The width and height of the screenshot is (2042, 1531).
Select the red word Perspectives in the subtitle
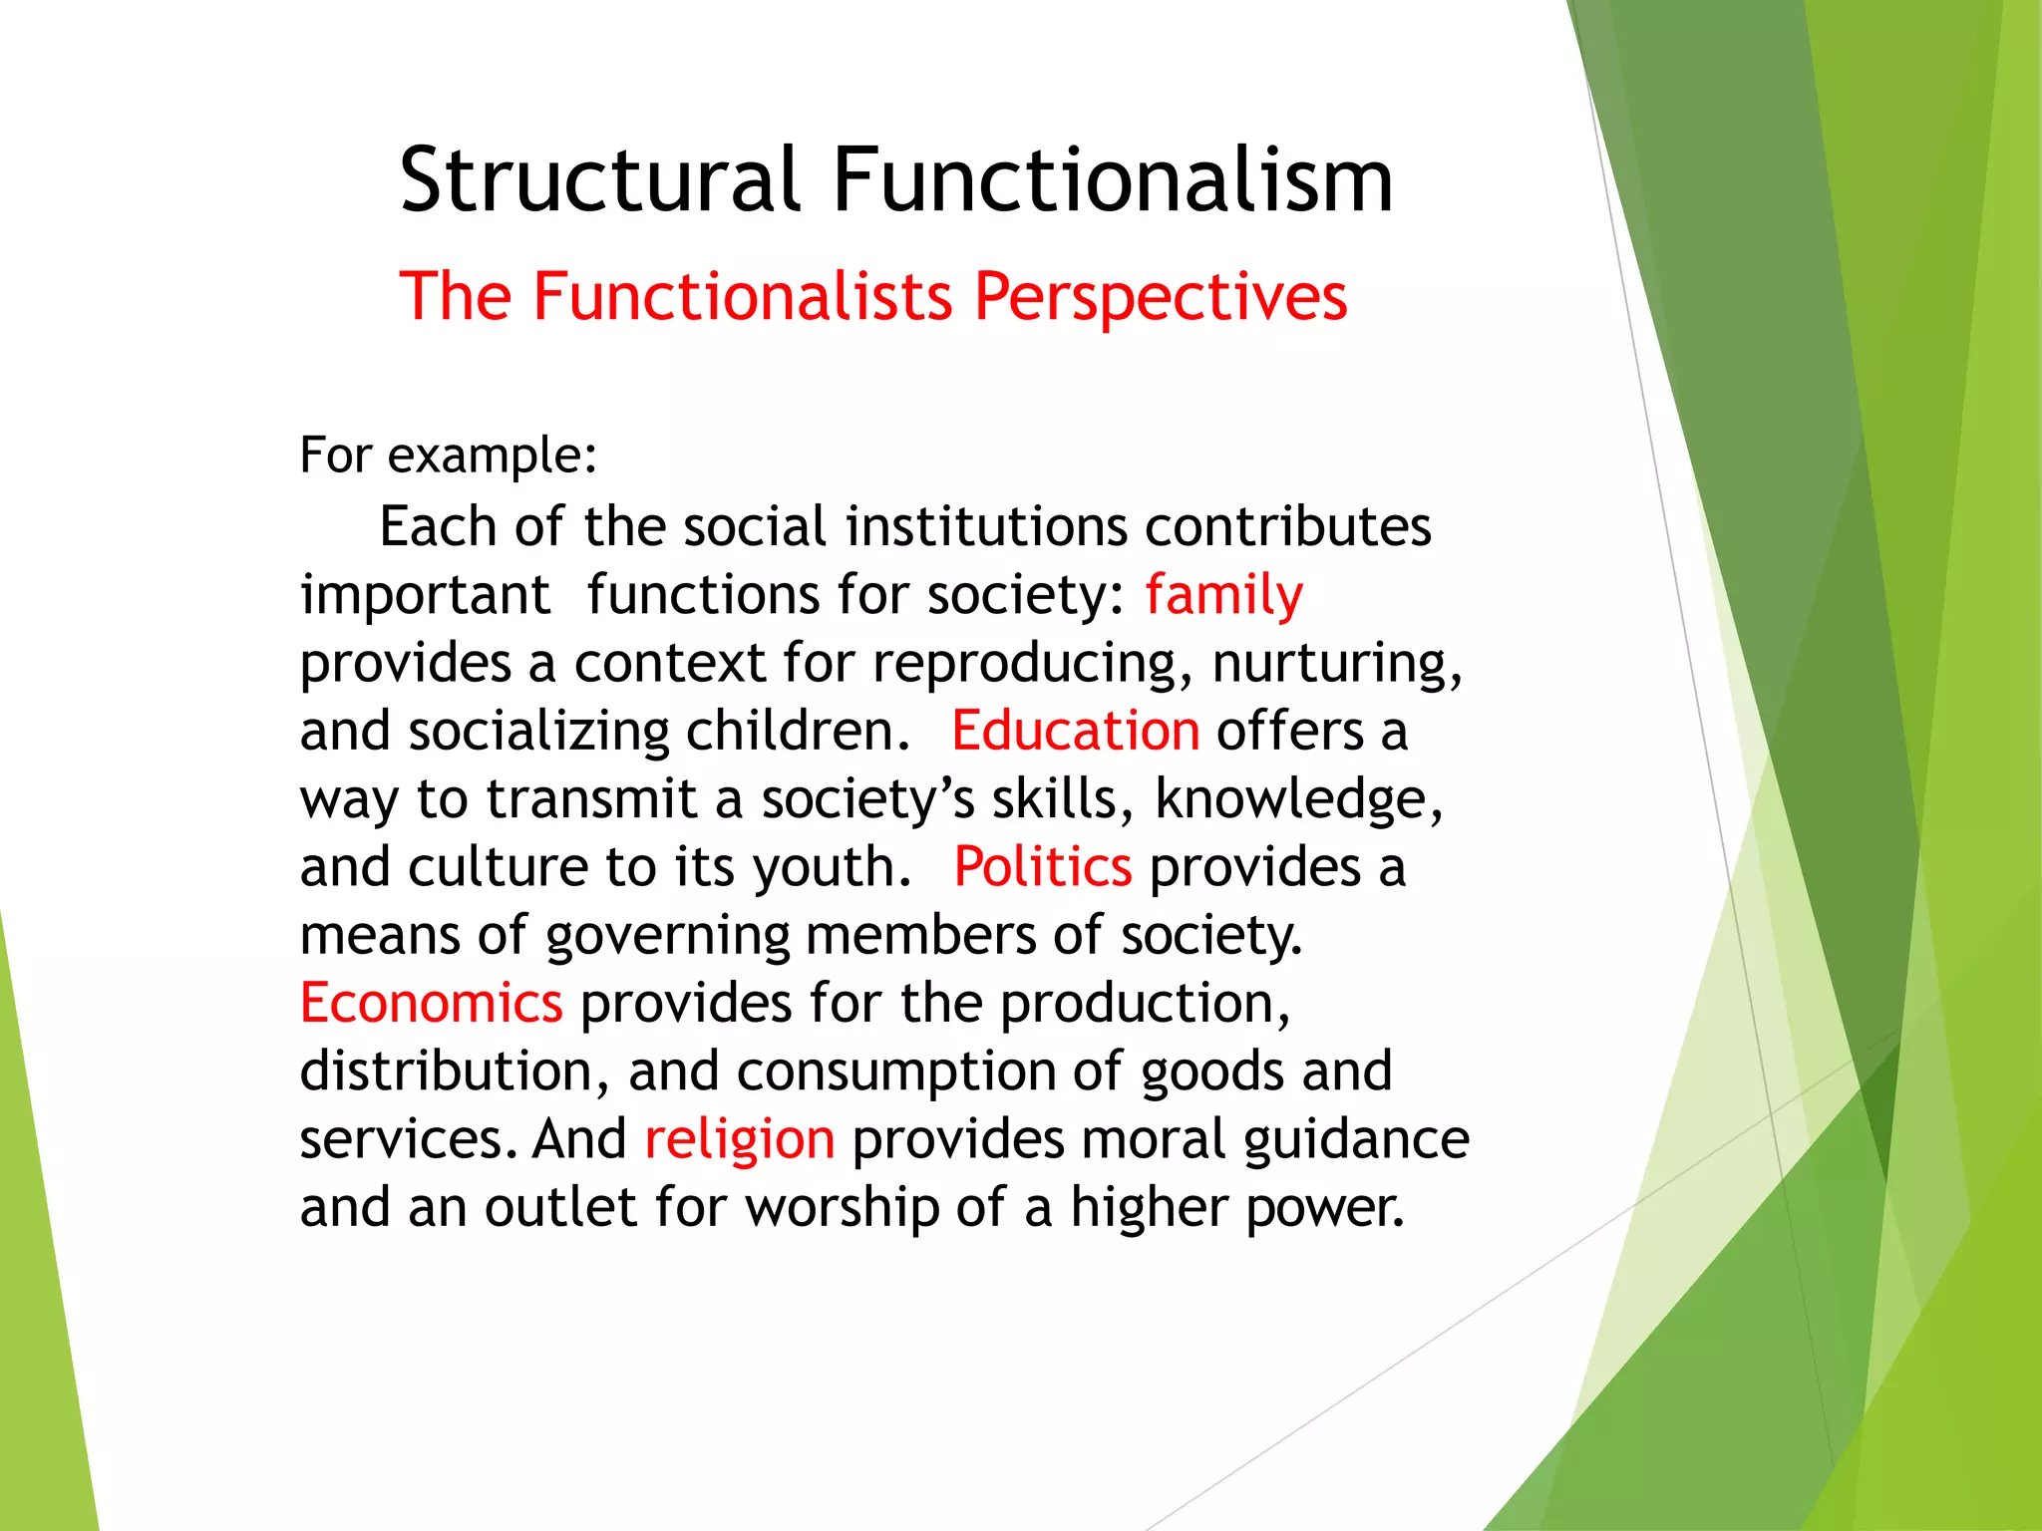[x=1161, y=297]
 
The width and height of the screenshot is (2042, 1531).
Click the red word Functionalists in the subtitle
[x=743, y=297]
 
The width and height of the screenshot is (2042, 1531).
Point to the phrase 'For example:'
[x=449, y=456]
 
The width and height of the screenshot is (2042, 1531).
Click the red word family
[x=1223, y=596]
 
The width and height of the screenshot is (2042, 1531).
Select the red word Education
[x=1076, y=731]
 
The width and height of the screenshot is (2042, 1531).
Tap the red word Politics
[x=1043, y=866]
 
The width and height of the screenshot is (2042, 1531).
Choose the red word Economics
[x=432, y=1003]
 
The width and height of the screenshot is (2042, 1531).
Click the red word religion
[x=740, y=1139]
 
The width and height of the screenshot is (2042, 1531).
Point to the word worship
[x=843, y=1208]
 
